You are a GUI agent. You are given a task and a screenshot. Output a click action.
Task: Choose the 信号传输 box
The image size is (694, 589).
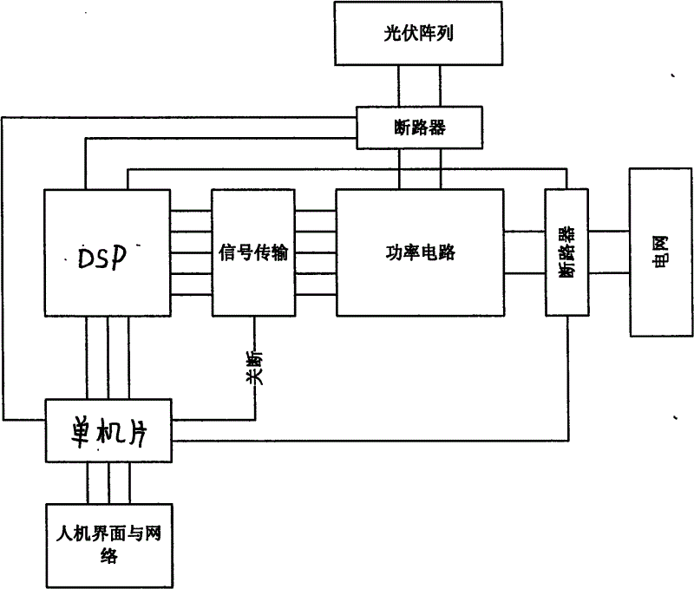click(253, 253)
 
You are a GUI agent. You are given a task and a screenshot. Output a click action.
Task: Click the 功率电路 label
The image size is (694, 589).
click(420, 253)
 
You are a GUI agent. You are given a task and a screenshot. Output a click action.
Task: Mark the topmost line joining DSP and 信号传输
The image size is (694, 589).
click(190, 212)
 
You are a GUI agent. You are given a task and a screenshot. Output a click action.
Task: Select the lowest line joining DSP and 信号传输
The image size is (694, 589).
click(190, 295)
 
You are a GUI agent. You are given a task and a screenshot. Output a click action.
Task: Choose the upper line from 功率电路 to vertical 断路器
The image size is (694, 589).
click(525, 231)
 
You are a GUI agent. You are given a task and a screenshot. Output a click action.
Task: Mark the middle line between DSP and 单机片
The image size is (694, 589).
click(108, 357)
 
